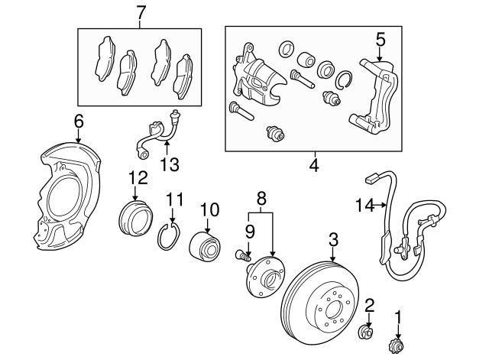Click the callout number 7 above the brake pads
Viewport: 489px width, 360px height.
(140, 12)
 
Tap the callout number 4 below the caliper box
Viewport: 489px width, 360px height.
(314, 165)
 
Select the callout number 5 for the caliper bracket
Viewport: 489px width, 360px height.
(381, 37)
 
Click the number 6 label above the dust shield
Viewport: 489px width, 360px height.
(79, 121)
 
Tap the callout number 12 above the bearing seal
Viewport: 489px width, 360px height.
(138, 178)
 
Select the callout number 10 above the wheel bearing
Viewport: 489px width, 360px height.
(209, 209)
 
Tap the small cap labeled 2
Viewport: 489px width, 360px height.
(368, 332)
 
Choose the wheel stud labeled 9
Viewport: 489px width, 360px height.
(242, 255)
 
